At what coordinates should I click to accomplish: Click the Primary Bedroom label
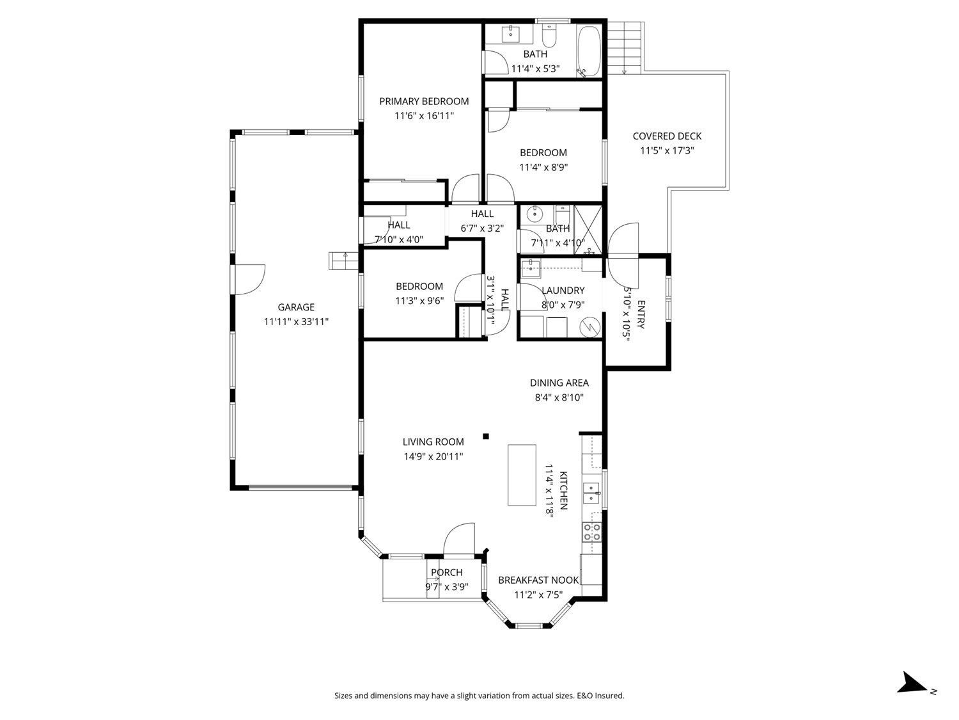click(424, 101)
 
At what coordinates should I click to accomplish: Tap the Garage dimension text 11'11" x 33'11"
click(296, 322)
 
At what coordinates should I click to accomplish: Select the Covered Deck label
click(667, 136)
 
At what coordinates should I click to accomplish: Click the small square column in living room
click(486, 436)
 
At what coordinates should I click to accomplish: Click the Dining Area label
click(559, 383)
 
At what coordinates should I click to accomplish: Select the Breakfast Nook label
click(538, 580)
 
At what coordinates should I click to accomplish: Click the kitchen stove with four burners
click(591, 532)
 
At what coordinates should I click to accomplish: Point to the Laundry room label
click(563, 290)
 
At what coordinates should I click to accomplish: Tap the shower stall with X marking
click(588, 221)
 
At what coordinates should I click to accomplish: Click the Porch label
click(446, 572)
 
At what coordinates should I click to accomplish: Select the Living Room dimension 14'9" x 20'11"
click(433, 456)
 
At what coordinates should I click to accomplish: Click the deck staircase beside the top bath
click(624, 47)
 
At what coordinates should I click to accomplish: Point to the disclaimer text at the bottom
click(479, 696)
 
